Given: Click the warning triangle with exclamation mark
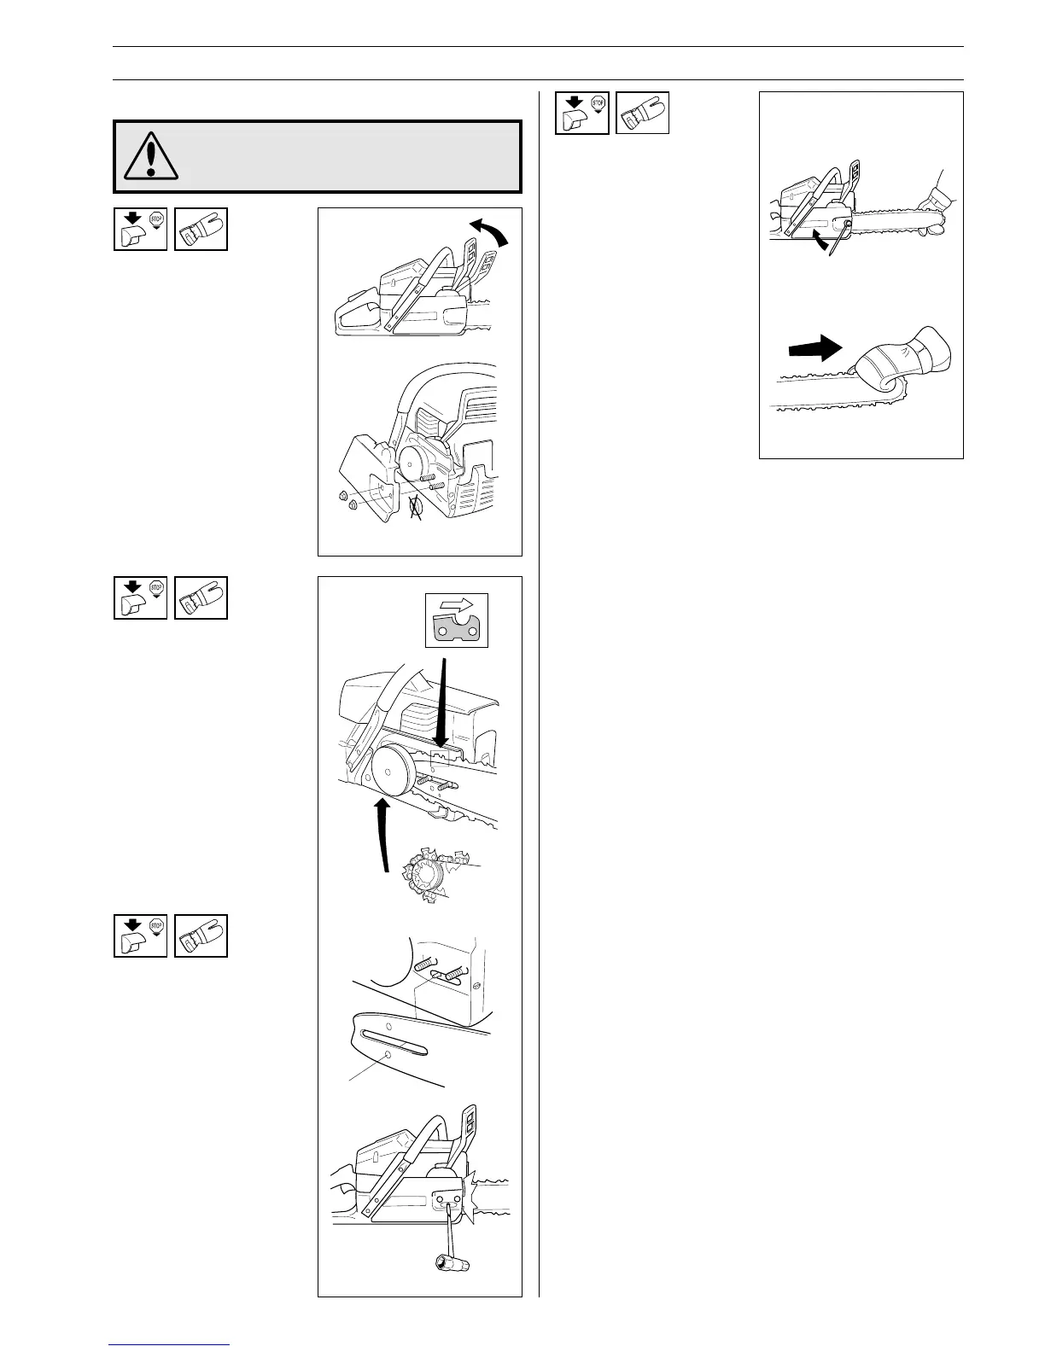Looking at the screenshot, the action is coord(151,156).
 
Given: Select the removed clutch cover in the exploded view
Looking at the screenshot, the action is coord(367,478).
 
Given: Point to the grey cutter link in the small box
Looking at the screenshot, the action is coord(457,629).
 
